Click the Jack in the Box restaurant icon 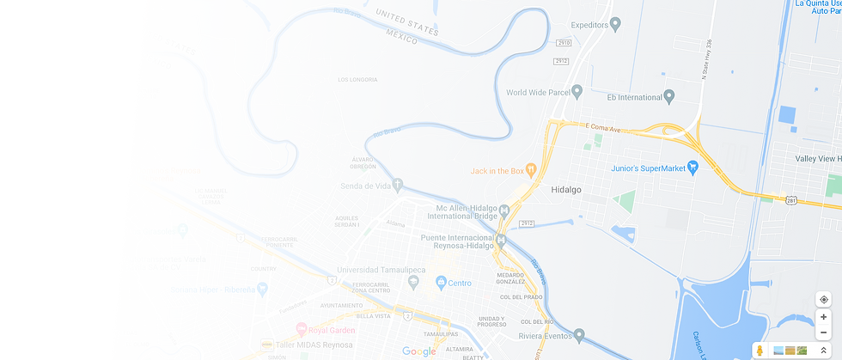531,171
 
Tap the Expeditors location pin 615,24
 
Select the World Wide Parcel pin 577,92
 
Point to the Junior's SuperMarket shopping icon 693,168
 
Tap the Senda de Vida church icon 398,186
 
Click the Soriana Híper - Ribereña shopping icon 261,291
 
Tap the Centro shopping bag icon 440,282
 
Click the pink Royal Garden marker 301,328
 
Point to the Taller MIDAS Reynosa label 310,345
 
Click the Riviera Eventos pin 580,334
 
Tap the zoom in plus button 824,316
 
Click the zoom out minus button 824,332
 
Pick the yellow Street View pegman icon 760,350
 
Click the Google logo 419,351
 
